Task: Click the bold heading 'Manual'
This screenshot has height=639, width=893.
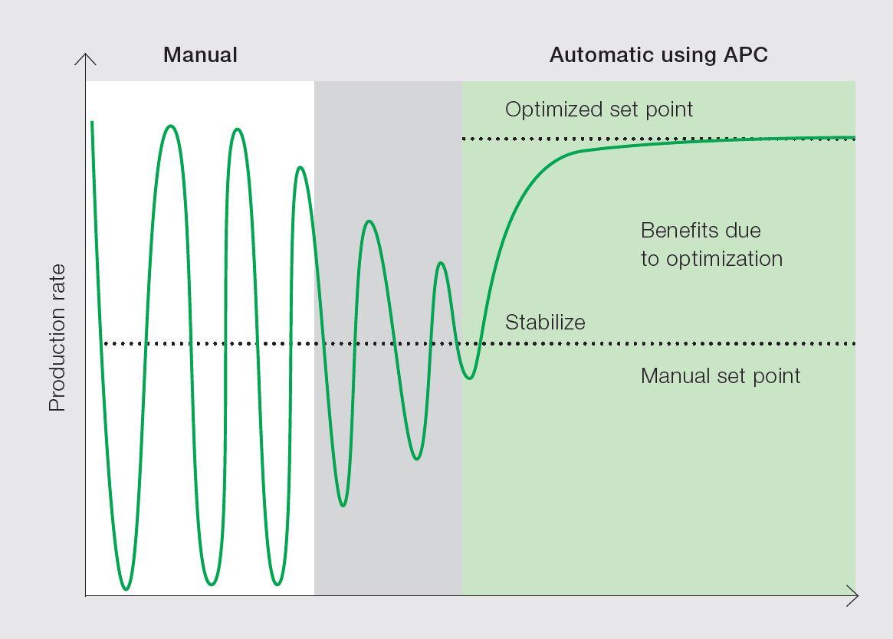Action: (200, 55)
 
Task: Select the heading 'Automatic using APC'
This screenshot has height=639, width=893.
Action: (658, 55)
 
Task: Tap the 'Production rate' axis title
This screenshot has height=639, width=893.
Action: (57, 338)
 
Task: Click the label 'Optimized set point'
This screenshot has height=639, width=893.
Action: (599, 109)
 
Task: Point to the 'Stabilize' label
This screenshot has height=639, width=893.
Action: (545, 322)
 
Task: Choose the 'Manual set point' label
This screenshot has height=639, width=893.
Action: (721, 375)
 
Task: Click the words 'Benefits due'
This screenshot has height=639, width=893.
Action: (701, 231)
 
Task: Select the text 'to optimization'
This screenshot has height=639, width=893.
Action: (711, 258)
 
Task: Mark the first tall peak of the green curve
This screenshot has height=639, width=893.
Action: (171, 126)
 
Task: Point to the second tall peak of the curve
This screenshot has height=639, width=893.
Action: (238, 129)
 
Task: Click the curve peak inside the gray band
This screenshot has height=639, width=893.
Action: (369, 221)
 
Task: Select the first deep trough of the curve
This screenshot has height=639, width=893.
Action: (126, 588)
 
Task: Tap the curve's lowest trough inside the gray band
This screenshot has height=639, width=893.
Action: (343, 505)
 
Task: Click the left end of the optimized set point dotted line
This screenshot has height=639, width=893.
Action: (465, 139)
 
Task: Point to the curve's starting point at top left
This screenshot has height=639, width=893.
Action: (92, 122)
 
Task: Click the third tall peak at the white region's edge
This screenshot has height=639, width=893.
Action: (300, 167)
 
